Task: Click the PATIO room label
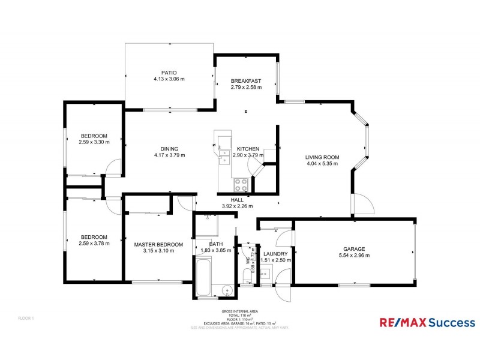point(169,73)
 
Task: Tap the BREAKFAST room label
point(246,81)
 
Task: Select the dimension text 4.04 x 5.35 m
point(323,163)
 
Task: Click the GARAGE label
point(354,248)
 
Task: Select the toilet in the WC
point(247,276)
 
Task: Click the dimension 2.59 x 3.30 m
point(94,142)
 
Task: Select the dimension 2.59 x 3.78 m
point(94,244)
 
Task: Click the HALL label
point(237,200)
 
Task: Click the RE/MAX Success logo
point(427,323)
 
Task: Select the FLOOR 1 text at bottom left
point(26,317)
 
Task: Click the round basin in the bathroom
point(227,290)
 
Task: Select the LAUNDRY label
point(277,254)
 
